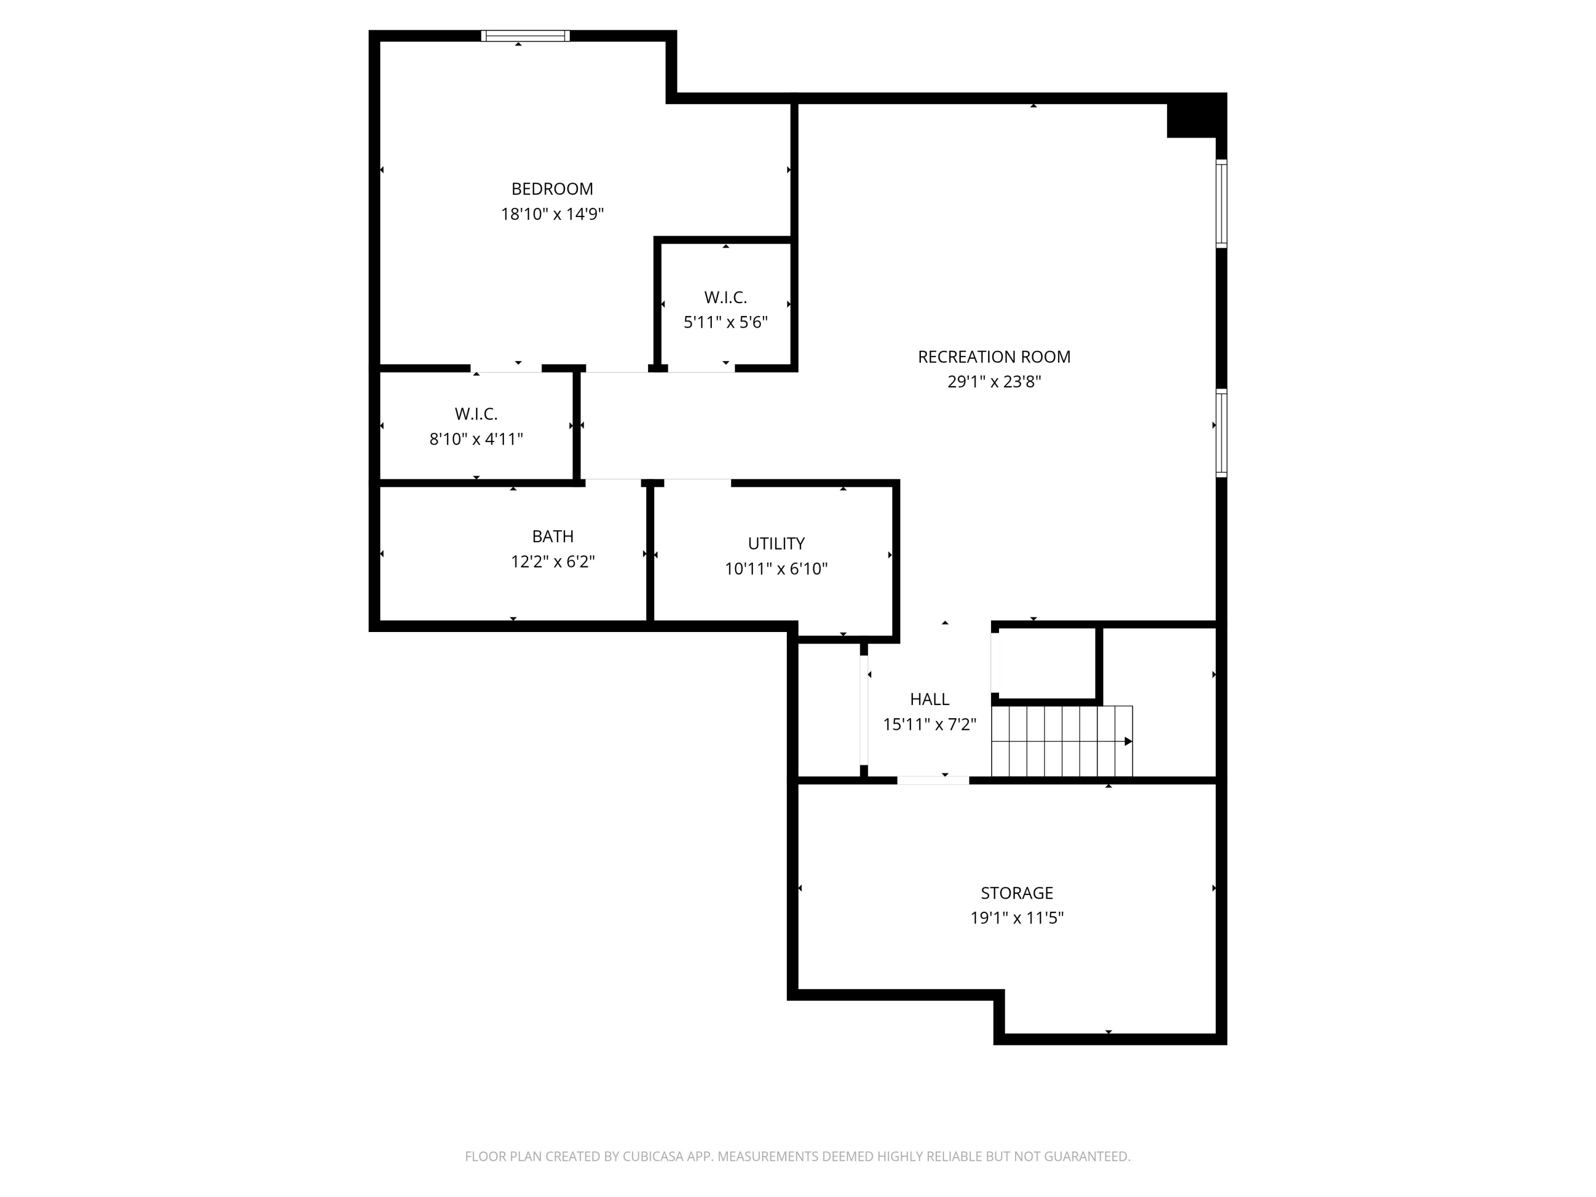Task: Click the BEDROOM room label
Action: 552,189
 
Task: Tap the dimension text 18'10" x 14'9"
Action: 552,214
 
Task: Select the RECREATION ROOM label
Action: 994,356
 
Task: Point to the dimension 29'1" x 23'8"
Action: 994,381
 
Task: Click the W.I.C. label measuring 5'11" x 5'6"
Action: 725,297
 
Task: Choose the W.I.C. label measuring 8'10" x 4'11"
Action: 476,414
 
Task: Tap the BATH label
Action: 553,537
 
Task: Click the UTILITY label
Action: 776,543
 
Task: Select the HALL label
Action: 929,699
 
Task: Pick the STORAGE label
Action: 1017,893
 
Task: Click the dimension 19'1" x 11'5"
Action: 1017,918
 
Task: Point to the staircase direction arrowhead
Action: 1128,742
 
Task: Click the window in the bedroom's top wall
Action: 525,36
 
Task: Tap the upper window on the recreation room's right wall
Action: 1221,203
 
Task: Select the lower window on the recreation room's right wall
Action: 1221,433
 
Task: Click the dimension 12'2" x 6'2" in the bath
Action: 553,562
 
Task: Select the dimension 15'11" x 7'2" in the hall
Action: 929,725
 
